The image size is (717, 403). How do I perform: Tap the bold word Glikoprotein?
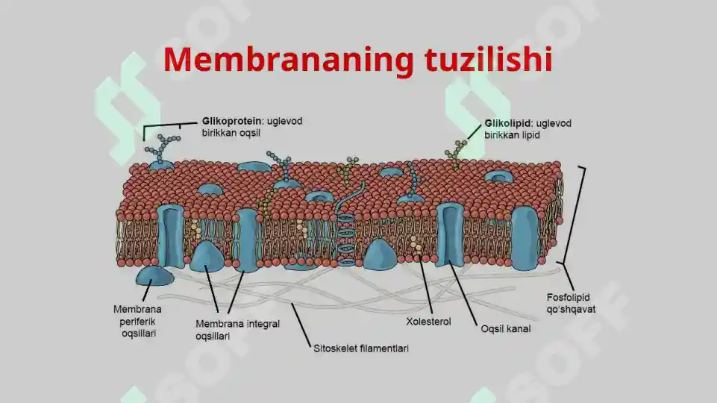click(x=232, y=121)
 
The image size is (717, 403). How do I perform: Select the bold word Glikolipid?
click(x=507, y=123)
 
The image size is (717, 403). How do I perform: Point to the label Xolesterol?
click(x=428, y=322)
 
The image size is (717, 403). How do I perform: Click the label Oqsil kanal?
click(x=506, y=329)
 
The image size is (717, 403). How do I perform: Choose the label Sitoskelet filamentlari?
click(x=361, y=349)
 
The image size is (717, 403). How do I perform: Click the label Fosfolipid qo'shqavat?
click(x=571, y=303)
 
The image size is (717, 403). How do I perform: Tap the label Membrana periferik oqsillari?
click(x=138, y=321)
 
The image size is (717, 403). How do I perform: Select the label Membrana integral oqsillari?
click(x=237, y=330)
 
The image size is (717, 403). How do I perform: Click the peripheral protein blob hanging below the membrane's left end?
click(x=154, y=277)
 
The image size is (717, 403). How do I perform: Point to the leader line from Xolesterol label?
click(x=426, y=285)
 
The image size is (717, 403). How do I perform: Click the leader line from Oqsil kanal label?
click(x=463, y=293)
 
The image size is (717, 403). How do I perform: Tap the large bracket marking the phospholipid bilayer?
click(x=572, y=215)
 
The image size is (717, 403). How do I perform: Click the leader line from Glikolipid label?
click(x=475, y=131)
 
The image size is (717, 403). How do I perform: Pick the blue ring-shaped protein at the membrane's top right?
click(x=498, y=177)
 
